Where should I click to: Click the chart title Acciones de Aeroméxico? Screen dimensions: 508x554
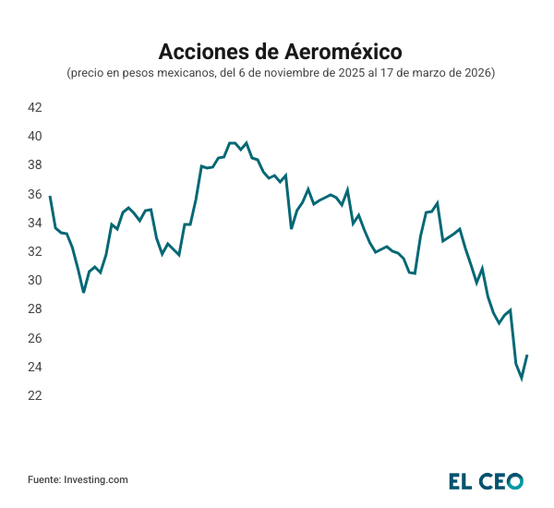point(276,49)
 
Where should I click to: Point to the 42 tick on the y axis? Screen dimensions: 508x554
point(34,107)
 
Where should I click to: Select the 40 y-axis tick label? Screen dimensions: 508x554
point(34,136)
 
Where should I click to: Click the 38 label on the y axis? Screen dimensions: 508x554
point(34,164)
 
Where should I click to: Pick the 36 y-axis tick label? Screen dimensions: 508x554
point(34,194)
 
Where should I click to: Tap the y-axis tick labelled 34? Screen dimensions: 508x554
point(34,223)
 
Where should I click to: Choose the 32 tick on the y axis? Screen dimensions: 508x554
point(34,251)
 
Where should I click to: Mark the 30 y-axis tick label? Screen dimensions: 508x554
point(34,280)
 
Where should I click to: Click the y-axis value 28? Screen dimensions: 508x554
point(34,308)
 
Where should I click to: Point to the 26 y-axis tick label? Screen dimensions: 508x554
point(34,338)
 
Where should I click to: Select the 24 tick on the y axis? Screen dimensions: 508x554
point(34,367)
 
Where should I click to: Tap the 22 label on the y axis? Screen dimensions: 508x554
point(34,395)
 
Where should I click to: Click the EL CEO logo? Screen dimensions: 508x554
point(486,480)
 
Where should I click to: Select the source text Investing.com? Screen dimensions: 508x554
point(96,479)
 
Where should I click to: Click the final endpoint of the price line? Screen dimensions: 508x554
point(527,356)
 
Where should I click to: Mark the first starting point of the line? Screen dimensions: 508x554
point(50,196)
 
